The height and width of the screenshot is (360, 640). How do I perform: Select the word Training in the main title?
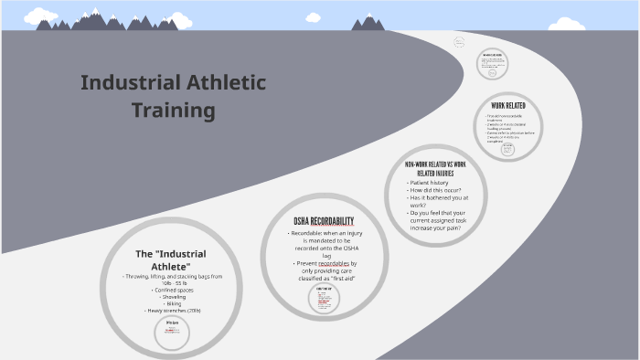(x=173, y=111)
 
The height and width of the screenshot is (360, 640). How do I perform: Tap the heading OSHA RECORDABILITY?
(x=324, y=222)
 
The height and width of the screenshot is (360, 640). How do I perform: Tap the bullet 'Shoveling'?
(x=172, y=297)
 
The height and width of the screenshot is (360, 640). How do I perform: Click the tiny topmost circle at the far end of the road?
(x=459, y=41)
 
